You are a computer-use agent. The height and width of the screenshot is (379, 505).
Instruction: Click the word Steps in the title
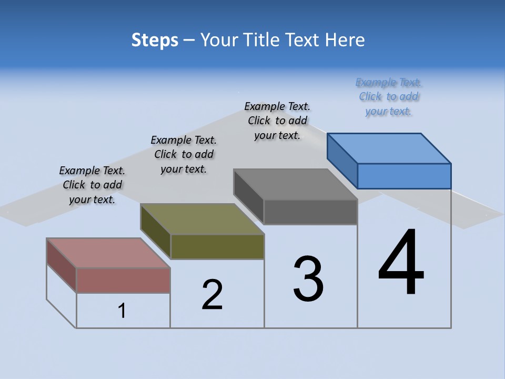click(155, 40)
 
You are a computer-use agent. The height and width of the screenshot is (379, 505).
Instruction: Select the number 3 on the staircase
click(308, 279)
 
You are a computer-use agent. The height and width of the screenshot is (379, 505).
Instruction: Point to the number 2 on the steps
click(212, 295)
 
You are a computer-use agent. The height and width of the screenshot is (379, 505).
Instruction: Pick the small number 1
click(122, 311)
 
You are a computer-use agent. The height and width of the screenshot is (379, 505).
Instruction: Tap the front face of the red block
click(123, 280)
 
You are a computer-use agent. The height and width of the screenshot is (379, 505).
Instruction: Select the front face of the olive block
click(217, 246)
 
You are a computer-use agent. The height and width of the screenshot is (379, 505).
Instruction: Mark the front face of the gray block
click(310, 212)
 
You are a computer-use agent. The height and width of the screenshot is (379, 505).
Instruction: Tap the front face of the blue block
click(404, 176)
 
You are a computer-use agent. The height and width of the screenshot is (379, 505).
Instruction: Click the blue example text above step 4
click(388, 97)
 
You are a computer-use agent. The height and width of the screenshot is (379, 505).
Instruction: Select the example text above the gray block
click(277, 121)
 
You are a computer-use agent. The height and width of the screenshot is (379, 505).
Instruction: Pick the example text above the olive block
click(184, 155)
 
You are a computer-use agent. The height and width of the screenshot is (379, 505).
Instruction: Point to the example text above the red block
click(92, 185)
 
